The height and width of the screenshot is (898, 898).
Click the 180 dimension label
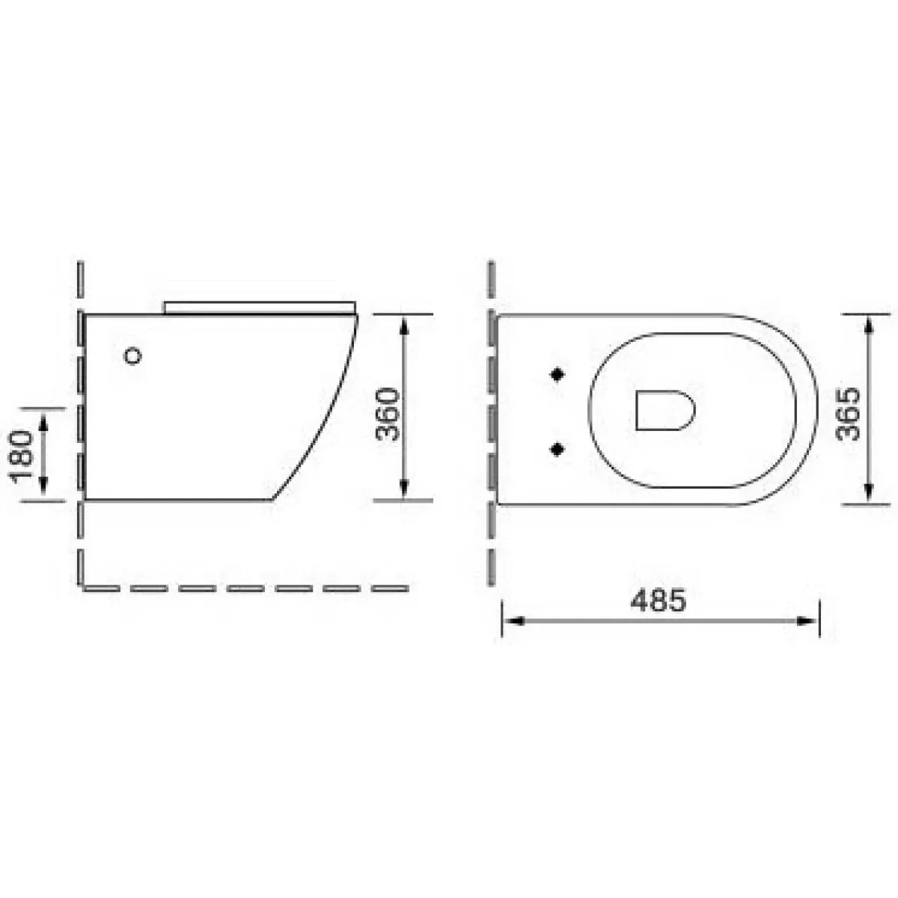point(22,454)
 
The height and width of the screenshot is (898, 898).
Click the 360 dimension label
point(388,415)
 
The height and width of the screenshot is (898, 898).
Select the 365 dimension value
point(848,414)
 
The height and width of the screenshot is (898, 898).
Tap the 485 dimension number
point(658,601)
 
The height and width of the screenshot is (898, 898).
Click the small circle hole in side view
point(132,356)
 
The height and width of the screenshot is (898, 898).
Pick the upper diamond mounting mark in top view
point(558,374)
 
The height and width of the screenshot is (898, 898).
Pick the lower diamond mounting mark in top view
point(558,449)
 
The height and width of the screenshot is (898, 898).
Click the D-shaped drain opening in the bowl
point(665,411)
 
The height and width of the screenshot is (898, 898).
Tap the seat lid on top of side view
point(260,308)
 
